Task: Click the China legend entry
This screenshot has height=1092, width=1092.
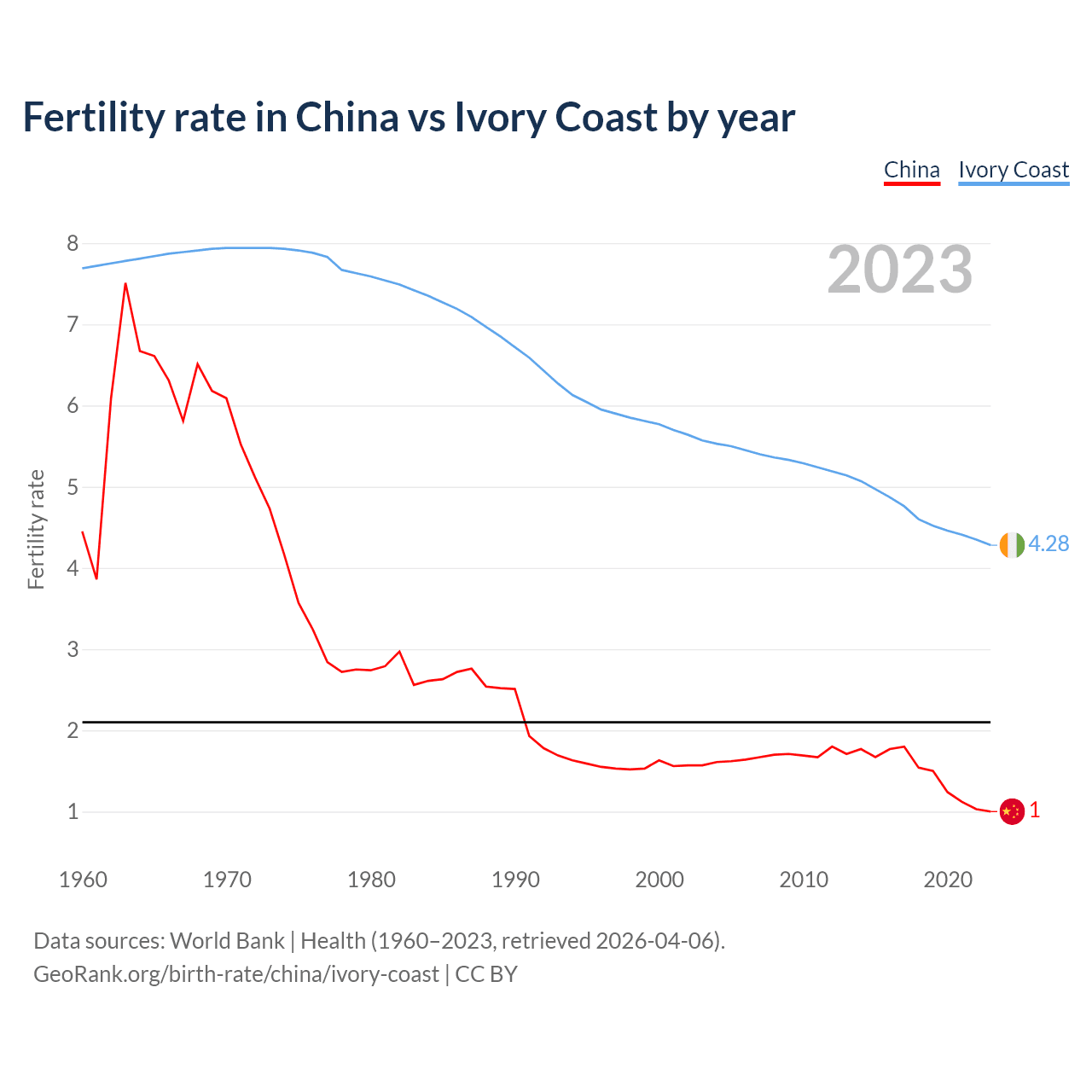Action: tap(911, 170)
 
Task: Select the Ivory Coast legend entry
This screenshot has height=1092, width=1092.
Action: tap(1014, 170)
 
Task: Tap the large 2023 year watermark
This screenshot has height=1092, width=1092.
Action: tap(900, 270)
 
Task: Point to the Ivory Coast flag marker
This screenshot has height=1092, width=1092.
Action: tap(1011, 544)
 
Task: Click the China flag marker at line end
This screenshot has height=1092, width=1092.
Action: tap(1011, 811)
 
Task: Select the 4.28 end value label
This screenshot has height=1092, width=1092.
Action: tap(1048, 544)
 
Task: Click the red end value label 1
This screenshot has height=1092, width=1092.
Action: tap(1035, 810)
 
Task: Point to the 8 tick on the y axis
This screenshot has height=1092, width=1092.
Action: tap(73, 244)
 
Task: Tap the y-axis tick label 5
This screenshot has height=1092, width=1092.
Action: tap(73, 488)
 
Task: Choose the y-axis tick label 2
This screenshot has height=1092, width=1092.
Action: tap(73, 731)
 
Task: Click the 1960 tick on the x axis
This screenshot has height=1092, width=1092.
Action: tap(83, 880)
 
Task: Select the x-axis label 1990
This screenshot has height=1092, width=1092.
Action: tap(515, 880)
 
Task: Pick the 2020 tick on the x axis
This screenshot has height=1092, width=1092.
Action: tap(948, 880)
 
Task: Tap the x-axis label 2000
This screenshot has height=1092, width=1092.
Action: tap(659, 880)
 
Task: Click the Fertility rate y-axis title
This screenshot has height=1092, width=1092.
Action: tap(36, 529)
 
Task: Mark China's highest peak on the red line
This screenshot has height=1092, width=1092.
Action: tap(125, 284)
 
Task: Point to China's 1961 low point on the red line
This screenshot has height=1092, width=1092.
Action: tap(96, 578)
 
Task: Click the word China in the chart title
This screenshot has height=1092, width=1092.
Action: tap(346, 118)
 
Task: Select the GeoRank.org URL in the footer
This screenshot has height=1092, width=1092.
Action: tap(235, 974)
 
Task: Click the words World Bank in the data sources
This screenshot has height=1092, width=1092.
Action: tap(227, 941)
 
